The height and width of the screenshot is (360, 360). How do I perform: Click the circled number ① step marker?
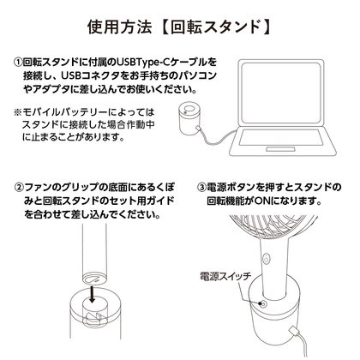click(19, 63)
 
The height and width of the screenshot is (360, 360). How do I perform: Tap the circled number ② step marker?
click(20, 188)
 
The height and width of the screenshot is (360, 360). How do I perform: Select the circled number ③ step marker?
click(201, 188)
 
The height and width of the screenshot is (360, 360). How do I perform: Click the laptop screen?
click(280, 93)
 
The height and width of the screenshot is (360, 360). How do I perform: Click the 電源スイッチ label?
click(225, 276)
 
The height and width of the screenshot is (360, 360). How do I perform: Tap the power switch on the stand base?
click(263, 304)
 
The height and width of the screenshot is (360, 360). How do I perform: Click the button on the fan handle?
click(266, 260)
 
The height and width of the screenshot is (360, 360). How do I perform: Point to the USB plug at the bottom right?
click(294, 333)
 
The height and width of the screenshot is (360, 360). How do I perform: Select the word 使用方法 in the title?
click(120, 27)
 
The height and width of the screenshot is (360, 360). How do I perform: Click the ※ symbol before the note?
click(18, 112)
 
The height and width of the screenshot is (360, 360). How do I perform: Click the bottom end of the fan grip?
click(93, 279)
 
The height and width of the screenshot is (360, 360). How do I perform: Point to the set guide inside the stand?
click(93, 318)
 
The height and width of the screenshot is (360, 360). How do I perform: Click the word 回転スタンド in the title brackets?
click(216, 27)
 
